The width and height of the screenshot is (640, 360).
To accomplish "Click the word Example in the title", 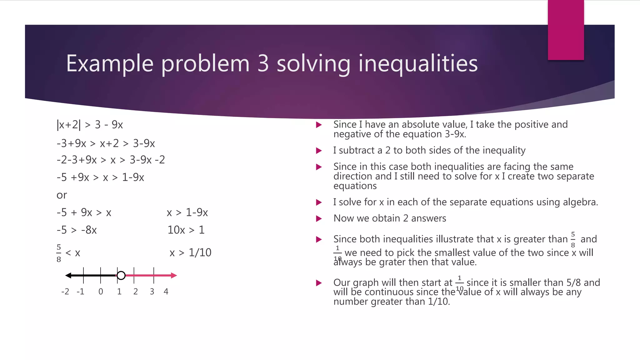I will (x=109, y=64).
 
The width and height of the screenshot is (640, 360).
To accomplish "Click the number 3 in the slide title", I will (x=263, y=64).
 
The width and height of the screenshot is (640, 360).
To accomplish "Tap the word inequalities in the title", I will (x=418, y=64).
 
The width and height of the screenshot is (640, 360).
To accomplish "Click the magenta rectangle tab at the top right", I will (x=566, y=30).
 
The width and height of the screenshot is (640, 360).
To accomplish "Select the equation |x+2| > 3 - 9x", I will (x=90, y=125).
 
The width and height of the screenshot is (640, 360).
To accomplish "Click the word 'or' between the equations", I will (x=62, y=195).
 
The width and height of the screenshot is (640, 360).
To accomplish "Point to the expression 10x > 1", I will (x=186, y=230).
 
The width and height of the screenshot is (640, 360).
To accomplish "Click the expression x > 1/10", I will (x=190, y=252).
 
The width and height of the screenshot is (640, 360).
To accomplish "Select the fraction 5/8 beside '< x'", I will (x=59, y=253).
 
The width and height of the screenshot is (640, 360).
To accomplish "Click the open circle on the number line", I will (x=121, y=275).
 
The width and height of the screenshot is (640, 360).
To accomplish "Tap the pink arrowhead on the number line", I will (x=174, y=275).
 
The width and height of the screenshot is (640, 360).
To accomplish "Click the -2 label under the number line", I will (x=65, y=292).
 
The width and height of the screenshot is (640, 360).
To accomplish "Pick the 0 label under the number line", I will (x=101, y=292).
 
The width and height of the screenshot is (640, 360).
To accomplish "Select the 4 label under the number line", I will (x=166, y=292).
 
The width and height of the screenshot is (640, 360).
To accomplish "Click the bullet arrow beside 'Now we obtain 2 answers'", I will (x=319, y=218).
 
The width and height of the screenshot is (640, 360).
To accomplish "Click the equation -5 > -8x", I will (x=77, y=230).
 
